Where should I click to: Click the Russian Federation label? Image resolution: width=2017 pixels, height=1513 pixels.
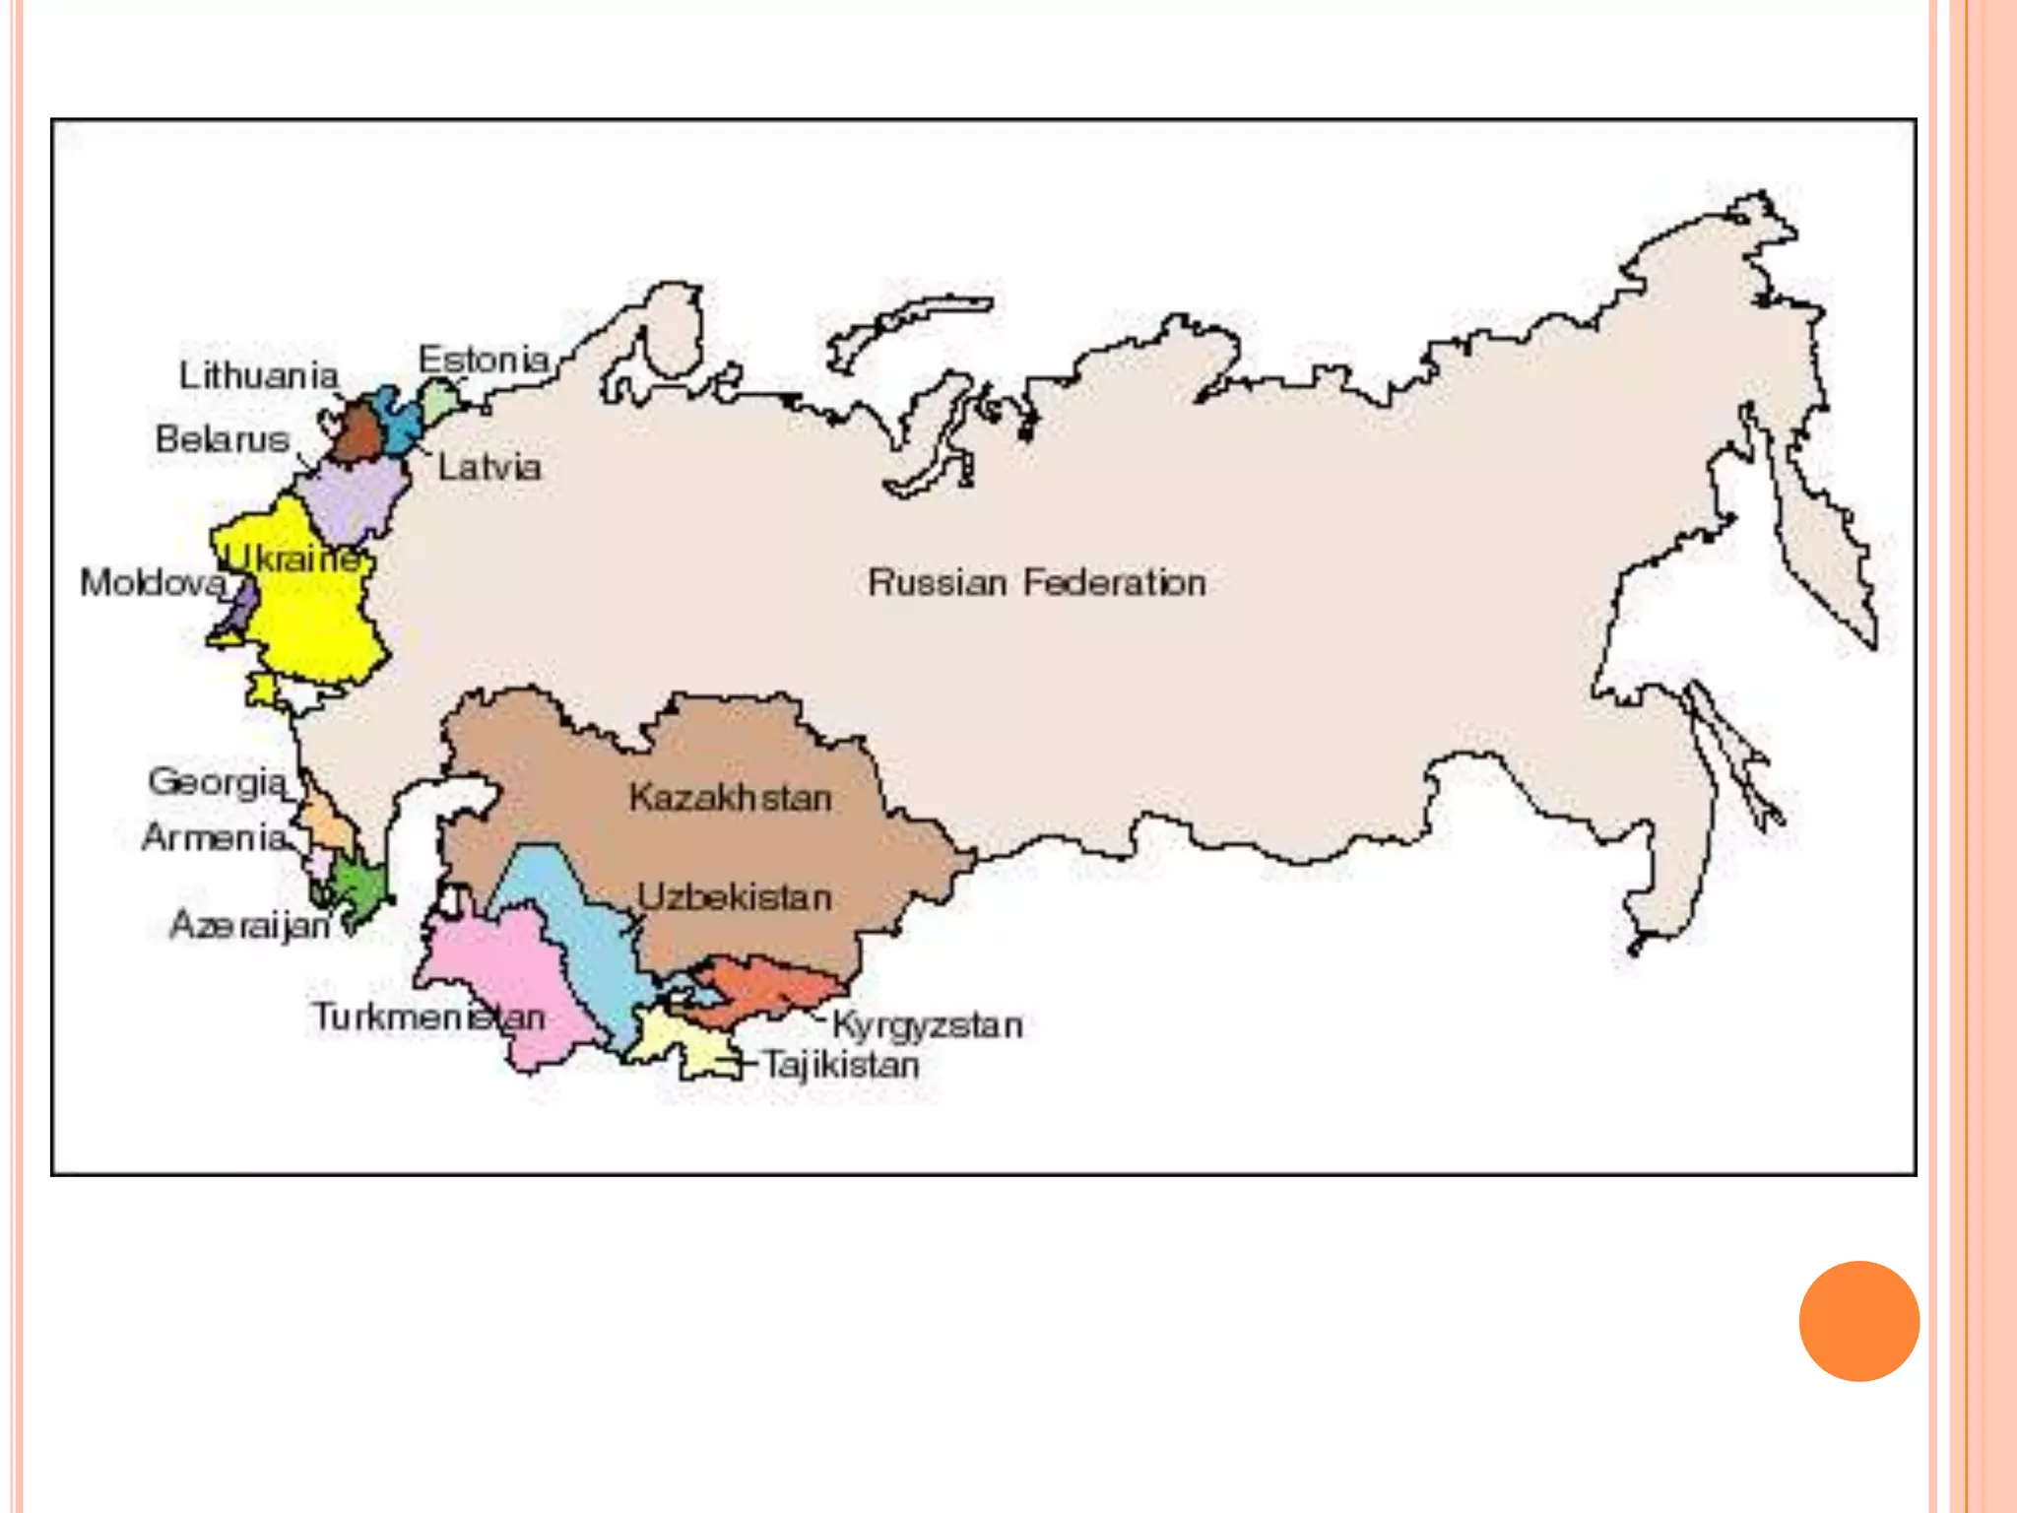pos(1036,583)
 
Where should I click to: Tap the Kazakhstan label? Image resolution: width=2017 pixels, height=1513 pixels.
pos(730,798)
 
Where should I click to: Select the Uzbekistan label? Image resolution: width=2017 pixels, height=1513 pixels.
pos(735,897)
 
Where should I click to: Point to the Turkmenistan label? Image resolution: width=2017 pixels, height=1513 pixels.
pos(428,1017)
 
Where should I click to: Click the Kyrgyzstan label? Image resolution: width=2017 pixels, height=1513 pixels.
pos(928,1025)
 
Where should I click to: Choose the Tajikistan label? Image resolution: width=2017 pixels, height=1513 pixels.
pos(842,1065)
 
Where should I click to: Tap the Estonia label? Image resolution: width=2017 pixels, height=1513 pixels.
pos(484,360)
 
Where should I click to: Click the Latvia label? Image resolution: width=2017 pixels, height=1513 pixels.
pos(489,467)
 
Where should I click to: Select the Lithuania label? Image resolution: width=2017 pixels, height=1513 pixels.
pos(258,375)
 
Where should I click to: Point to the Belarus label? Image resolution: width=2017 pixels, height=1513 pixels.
pos(223,439)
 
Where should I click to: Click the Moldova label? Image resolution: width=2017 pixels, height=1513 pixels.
pos(153,583)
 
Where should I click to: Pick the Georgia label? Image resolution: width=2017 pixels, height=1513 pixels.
pos(218,782)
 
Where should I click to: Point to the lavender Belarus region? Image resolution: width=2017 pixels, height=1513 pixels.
pos(355,497)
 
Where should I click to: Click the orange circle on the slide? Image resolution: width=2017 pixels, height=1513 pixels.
pos(1858,1321)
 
